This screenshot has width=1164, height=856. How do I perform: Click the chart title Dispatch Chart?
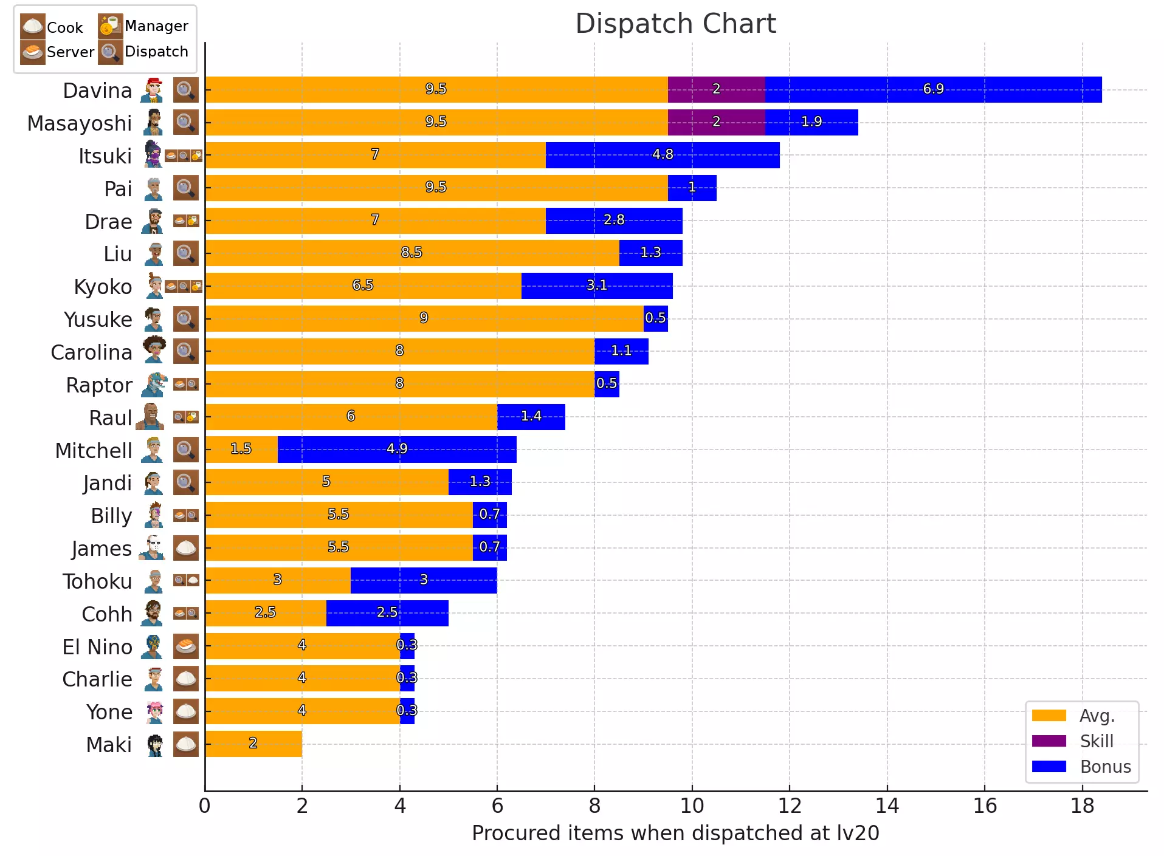pos(675,24)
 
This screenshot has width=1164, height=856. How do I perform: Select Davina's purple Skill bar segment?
pos(716,89)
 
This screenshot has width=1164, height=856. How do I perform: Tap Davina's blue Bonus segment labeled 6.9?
pos(933,89)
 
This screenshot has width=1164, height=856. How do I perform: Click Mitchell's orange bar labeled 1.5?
pos(241,450)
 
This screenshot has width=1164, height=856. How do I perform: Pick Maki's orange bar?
pos(253,744)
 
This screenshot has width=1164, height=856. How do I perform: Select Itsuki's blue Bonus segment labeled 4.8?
pos(662,155)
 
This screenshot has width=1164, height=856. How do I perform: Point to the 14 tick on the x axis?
pos(887,806)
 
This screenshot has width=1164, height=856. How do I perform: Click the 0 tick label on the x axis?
pos(205,806)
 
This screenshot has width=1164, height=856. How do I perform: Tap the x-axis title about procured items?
pos(675,833)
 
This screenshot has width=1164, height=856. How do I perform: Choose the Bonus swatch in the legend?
pos(1049,767)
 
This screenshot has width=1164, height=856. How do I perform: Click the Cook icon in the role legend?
pos(32,26)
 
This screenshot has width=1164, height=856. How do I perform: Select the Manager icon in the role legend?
pos(110,26)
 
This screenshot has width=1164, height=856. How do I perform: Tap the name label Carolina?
pos(91,352)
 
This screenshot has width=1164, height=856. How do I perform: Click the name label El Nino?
pos(97,647)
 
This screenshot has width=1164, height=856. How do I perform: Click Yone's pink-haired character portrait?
pos(154,711)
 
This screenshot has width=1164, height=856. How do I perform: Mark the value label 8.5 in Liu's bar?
pos(412,253)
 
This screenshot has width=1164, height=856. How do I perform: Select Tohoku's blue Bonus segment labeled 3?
pos(424,580)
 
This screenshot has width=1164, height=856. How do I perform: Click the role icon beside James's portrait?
pos(185,548)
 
